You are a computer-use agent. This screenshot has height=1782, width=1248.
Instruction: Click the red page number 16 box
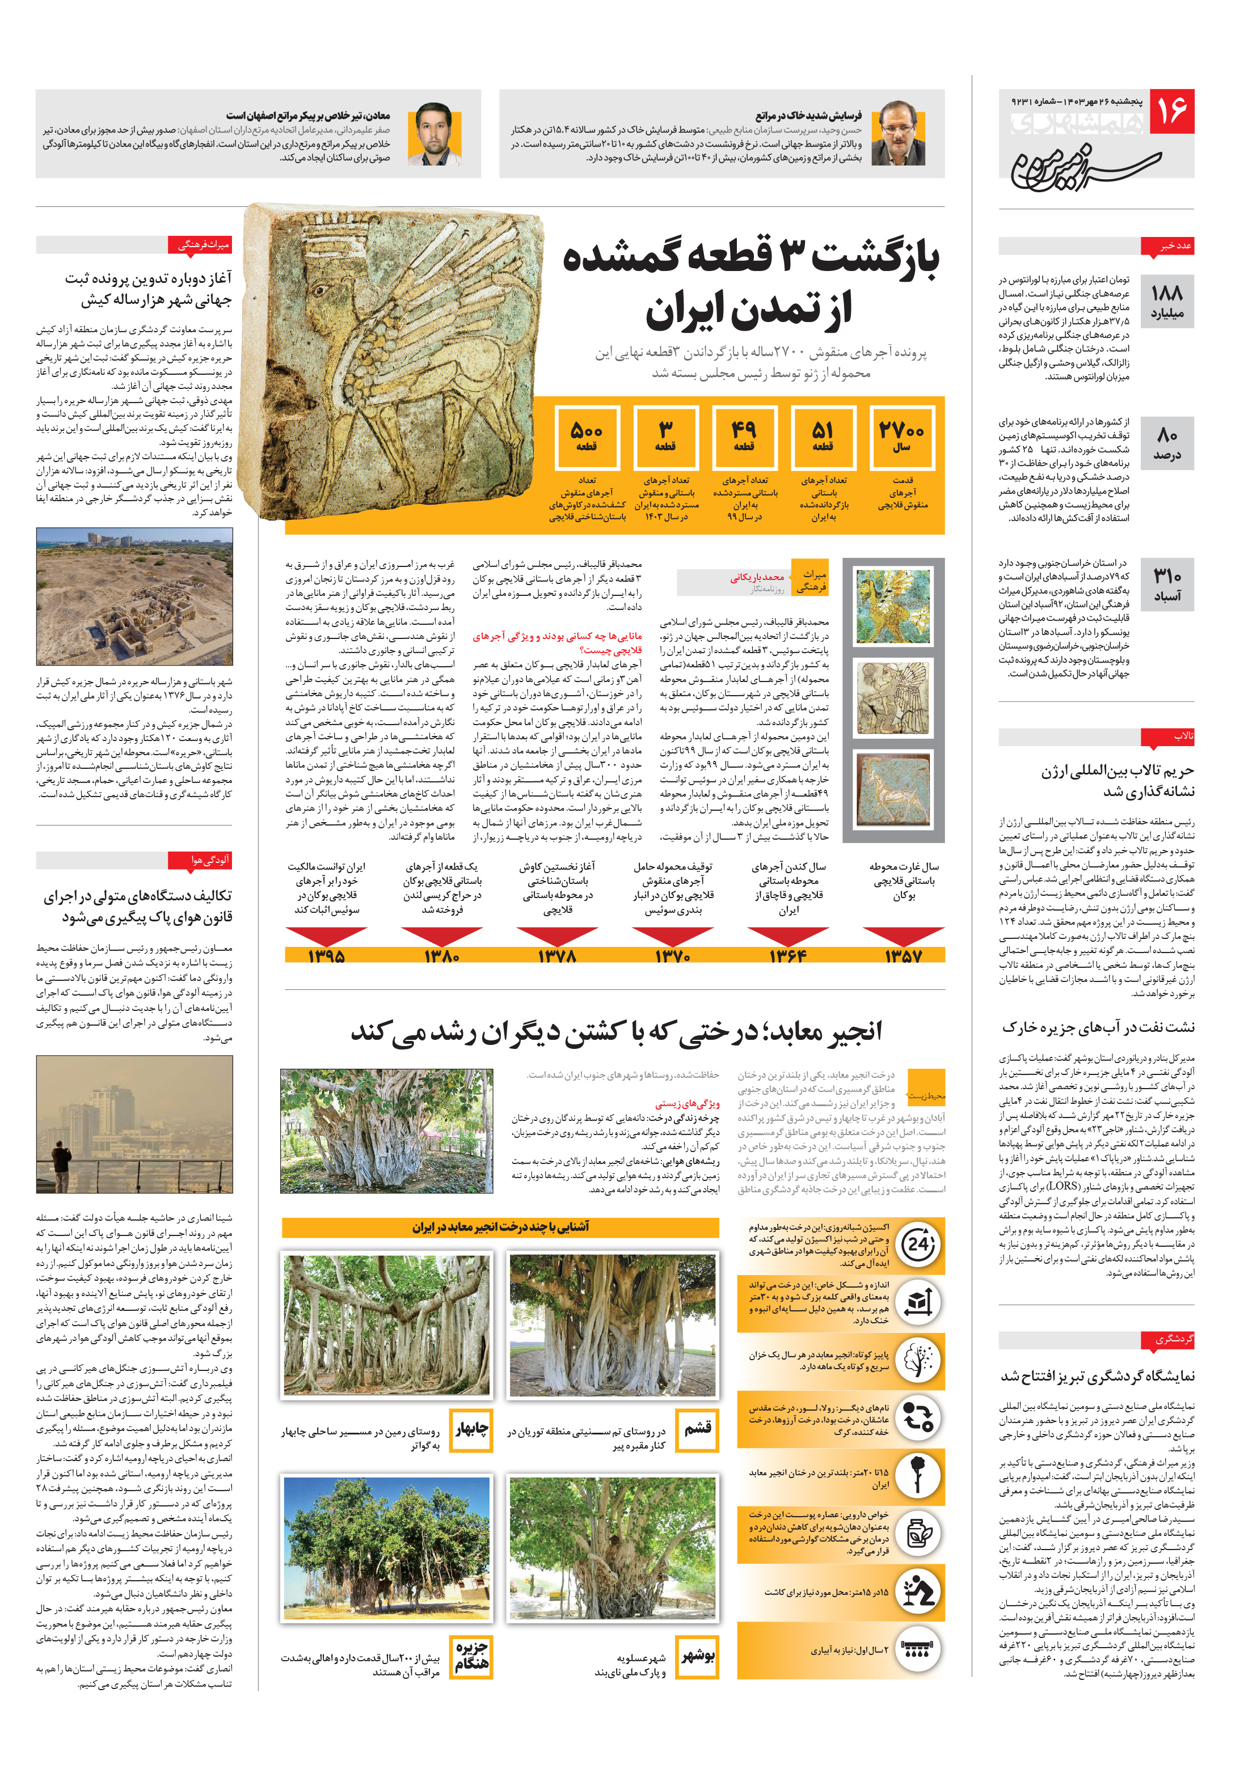1171,112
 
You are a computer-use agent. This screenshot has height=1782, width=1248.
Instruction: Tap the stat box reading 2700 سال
901,437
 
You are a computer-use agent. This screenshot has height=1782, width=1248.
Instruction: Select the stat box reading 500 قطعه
587,437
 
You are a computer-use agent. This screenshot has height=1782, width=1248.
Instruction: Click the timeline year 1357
903,955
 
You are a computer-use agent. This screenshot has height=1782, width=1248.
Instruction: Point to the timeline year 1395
326,955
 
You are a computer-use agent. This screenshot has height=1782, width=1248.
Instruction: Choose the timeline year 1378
557,955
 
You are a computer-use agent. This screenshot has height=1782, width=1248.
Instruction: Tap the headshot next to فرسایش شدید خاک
898,133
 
